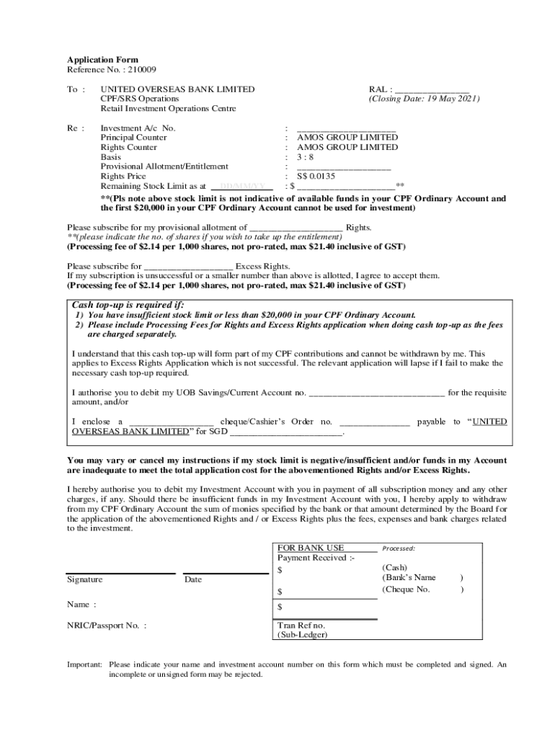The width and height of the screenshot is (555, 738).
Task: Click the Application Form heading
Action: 102,60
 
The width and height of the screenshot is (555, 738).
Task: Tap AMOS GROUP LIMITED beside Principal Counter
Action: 347,138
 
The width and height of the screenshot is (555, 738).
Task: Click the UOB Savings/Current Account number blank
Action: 376,394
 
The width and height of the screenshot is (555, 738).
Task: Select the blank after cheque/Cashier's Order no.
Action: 374,422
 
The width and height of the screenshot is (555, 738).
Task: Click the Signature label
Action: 84,579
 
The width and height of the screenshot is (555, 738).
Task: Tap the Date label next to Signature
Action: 193,579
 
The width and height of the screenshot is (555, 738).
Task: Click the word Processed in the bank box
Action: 399,548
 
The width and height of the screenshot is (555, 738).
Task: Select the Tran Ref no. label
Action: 301,626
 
